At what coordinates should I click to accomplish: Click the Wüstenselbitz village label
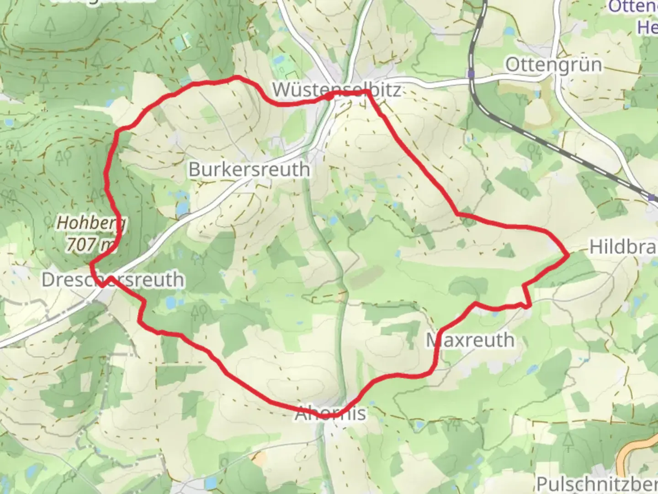[x=337, y=90]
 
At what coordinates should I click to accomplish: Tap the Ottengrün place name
[x=553, y=65]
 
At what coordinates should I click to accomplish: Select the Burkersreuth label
[x=249, y=170]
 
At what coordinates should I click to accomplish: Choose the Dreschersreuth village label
[x=113, y=280]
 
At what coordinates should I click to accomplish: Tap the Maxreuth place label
[x=470, y=340]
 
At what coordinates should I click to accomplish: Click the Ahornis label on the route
[x=330, y=413]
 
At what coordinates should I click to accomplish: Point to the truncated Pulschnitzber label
[x=597, y=484]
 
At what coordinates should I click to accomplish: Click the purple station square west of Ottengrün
[x=471, y=73]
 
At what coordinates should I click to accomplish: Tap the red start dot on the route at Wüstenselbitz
[x=329, y=97]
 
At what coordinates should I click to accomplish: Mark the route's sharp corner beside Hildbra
[x=568, y=254]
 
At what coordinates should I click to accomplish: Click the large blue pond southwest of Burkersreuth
[x=182, y=208]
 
